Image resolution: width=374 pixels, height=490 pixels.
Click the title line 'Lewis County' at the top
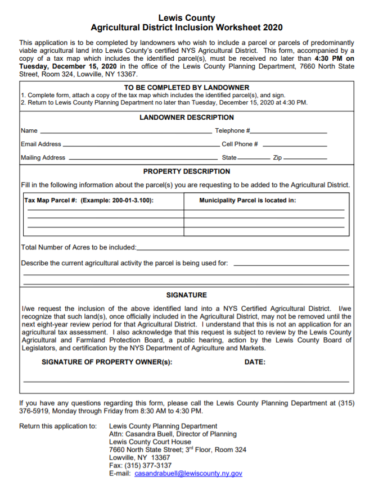pos(186,18)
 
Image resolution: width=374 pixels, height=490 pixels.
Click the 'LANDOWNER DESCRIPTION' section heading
pos(186,117)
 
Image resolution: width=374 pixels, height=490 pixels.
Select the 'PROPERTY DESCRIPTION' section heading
pos(186,171)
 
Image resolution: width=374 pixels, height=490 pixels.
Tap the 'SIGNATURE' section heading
pos(186,295)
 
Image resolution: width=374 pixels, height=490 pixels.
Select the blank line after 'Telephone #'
pos(289,132)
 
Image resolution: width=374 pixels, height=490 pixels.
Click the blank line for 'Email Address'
pos(140,146)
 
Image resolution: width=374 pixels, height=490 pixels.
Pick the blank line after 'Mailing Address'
pos(143,159)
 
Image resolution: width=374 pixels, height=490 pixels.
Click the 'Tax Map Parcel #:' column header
pos(89,201)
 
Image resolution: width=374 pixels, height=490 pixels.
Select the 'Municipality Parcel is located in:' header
pos(247,201)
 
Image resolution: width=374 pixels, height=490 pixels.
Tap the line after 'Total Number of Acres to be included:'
pos(242,248)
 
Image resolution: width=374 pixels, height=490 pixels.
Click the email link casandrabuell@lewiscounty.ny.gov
pos(188,474)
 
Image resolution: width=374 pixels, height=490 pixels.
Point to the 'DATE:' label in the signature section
pos(255,362)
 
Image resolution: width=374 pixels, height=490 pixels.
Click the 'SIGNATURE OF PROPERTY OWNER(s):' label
pos(107,362)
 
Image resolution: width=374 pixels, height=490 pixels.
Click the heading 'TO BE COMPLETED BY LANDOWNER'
pos(186,88)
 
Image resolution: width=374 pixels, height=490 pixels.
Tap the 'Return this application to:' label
pos(58,427)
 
